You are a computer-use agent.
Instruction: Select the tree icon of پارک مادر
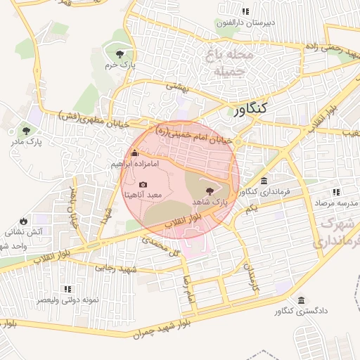26,130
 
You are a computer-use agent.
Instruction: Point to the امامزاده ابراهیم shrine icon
135,153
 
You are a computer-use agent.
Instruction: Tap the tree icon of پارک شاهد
209,191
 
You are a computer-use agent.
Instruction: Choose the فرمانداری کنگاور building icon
264,181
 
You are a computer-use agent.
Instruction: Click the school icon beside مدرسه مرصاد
336,192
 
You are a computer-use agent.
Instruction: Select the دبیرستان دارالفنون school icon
245,11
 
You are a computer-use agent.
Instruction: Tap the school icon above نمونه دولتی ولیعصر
67,288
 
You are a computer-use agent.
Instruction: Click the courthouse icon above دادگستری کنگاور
301,300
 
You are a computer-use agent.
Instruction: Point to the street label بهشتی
174,86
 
